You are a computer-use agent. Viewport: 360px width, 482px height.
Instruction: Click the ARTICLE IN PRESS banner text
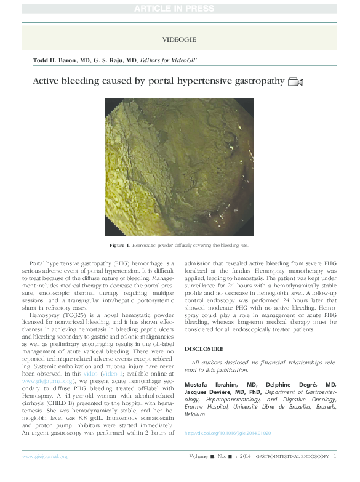[x=180, y=8]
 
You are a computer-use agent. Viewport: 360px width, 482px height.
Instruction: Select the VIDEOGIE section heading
[x=179, y=39]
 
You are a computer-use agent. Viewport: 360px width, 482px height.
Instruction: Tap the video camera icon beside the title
[x=295, y=82]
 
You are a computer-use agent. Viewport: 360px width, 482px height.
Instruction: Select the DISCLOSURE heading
[x=203, y=348]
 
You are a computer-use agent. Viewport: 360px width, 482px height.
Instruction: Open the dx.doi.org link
[x=228, y=433]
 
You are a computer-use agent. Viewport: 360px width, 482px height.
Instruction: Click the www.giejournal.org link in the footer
[x=44, y=456]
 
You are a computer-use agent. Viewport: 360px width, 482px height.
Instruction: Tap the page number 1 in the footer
[x=335, y=456]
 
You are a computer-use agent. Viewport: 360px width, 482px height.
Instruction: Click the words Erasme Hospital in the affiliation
[x=207, y=407]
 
